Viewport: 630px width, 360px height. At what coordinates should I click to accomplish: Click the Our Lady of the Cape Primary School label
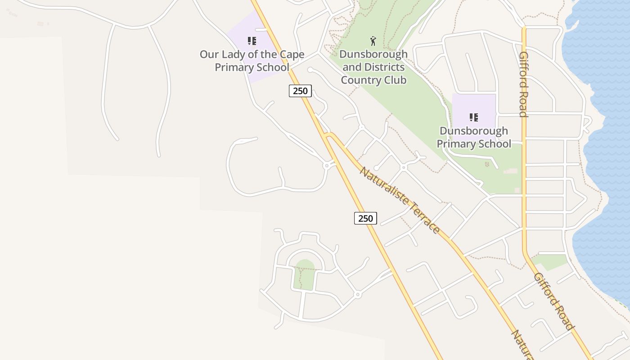click(x=252, y=61)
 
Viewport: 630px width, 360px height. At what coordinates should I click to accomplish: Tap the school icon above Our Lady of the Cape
click(x=252, y=41)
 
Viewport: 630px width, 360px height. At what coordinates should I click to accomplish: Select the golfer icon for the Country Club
click(x=373, y=41)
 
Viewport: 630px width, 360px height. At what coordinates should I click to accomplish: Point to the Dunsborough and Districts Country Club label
click(x=373, y=67)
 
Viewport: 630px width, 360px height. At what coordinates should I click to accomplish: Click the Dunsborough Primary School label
click(x=474, y=137)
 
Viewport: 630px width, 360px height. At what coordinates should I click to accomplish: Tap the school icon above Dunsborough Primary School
click(x=474, y=117)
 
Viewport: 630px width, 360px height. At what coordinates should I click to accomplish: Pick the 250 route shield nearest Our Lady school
click(x=300, y=91)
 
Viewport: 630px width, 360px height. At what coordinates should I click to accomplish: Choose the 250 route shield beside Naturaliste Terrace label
click(x=365, y=218)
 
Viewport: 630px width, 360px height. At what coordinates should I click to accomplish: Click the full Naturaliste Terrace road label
click(x=399, y=200)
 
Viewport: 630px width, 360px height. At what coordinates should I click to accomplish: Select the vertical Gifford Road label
click(x=523, y=84)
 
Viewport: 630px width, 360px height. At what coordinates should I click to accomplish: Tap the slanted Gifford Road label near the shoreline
click(x=554, y=301)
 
